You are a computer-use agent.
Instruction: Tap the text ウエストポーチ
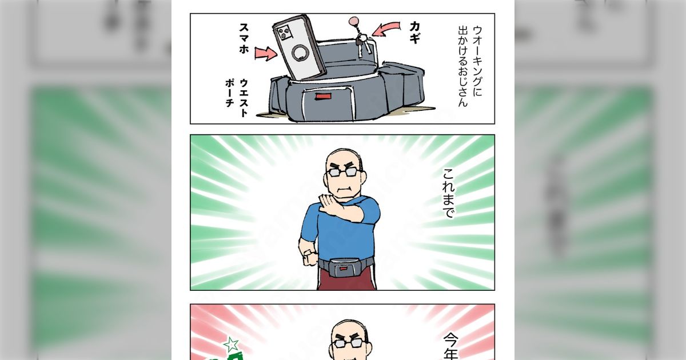tap(237, 97)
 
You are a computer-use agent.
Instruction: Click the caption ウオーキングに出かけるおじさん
tap(468, 65)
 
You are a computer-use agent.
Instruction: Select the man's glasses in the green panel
tap(344, 171)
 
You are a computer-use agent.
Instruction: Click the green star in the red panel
tap(232, 344)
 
